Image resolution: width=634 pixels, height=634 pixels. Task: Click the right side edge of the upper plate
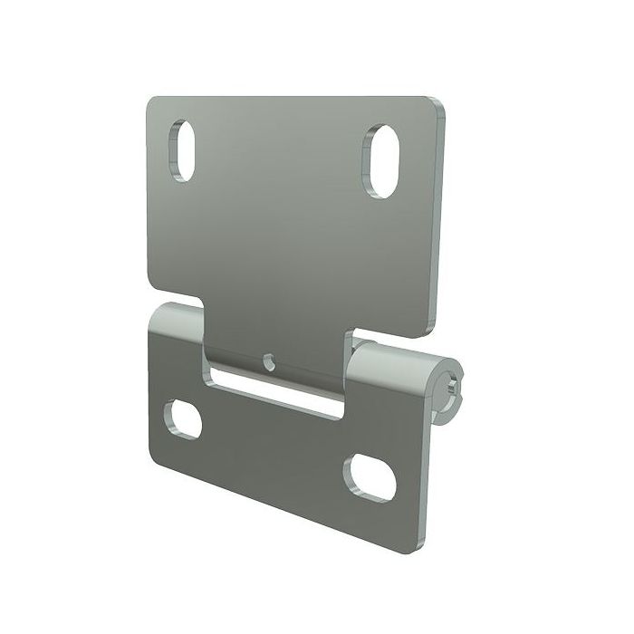(442, 217)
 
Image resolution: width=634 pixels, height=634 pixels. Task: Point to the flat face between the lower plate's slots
(272, 453)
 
